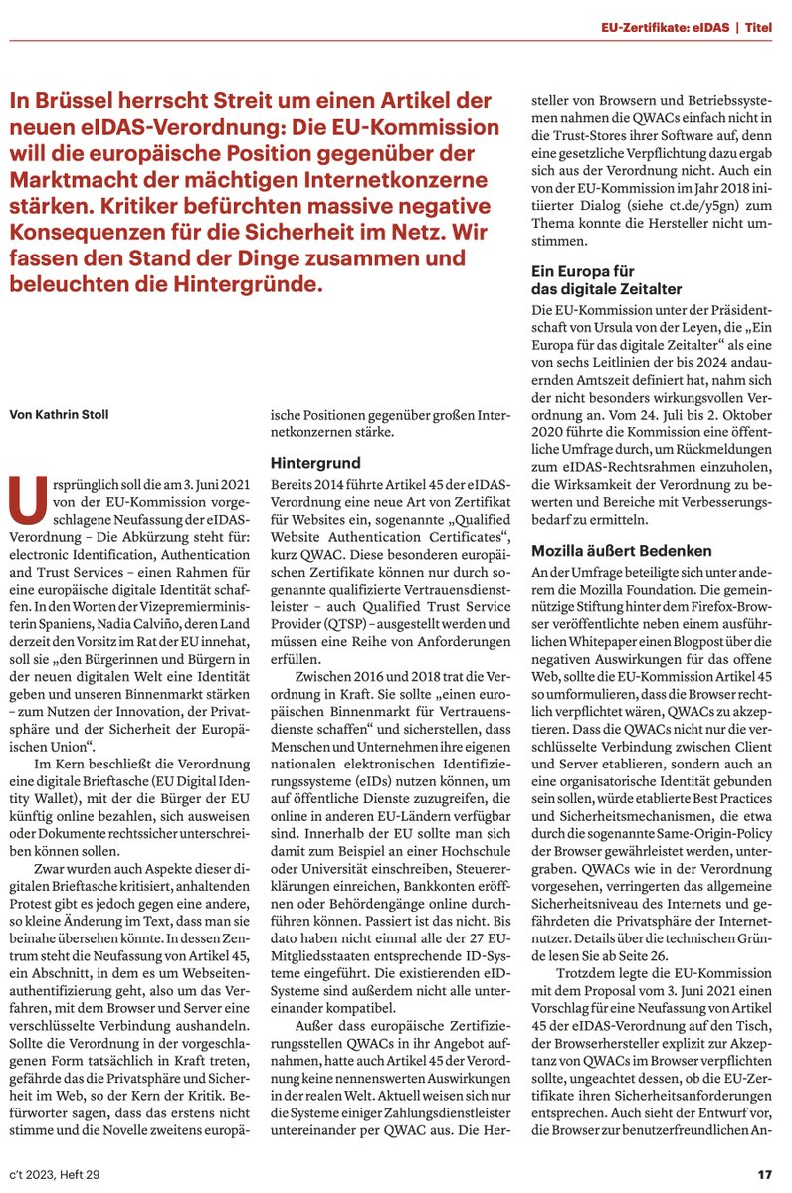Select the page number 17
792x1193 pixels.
coord(764,1174)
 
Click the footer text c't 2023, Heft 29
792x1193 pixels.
coord(63,1174)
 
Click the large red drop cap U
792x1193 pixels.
coord(26,498)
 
